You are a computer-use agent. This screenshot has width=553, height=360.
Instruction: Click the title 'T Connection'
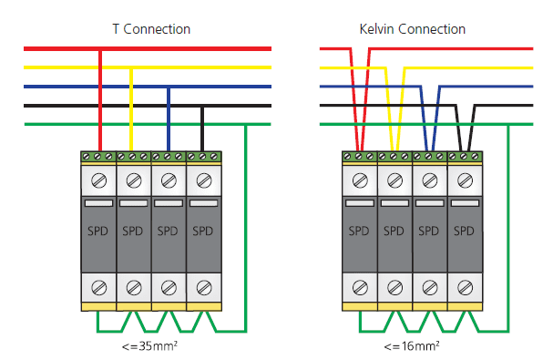151,29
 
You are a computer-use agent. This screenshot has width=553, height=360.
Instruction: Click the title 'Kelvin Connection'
413,29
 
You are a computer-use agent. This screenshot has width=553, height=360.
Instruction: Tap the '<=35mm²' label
149,346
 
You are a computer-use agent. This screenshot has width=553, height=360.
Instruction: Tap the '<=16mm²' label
412,346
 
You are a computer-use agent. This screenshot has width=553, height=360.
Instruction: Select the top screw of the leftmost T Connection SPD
98,181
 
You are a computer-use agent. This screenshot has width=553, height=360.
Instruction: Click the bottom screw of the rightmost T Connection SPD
204,288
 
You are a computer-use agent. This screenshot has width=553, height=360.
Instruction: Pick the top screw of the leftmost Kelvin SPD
360,181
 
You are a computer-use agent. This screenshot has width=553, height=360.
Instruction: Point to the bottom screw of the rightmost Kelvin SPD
465,288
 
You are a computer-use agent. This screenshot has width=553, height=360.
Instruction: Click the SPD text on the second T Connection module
133,231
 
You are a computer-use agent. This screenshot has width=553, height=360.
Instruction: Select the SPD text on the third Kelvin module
428,231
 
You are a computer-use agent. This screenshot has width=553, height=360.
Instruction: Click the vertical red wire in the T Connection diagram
100,100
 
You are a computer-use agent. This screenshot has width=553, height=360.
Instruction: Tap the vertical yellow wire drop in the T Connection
131,109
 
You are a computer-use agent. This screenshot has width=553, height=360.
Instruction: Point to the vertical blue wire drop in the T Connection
169,119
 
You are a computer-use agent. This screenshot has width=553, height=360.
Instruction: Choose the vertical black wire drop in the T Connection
202,129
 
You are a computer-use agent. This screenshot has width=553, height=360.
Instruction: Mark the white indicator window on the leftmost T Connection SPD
98,203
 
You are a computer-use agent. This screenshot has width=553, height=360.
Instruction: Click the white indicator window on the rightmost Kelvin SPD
465,203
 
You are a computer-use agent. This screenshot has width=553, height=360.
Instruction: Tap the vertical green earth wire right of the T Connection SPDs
246,228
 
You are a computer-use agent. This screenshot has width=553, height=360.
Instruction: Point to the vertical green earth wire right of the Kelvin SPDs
508,228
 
